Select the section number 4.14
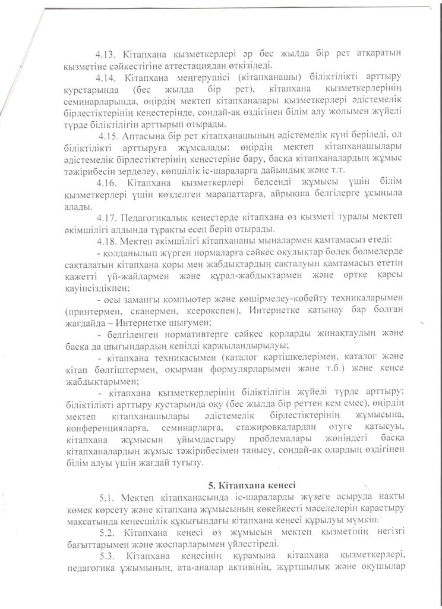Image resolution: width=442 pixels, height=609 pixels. point(108,77)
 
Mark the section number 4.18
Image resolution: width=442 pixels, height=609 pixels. point(108,241)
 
